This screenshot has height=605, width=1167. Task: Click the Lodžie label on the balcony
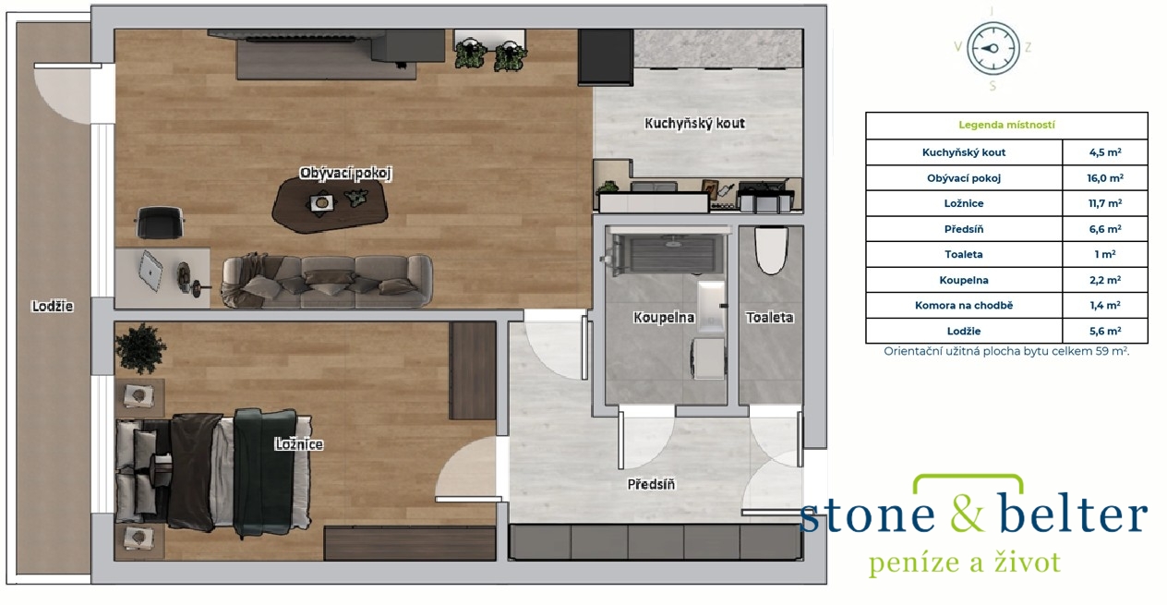[52, 307]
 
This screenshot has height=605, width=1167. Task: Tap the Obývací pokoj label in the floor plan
[345, 173]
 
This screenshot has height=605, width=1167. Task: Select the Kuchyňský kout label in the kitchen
[694, 124]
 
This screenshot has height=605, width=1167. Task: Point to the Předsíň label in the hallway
[651, 485]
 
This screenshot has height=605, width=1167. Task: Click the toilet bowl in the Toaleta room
[771, 250]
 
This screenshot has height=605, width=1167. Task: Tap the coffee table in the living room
[331, 205]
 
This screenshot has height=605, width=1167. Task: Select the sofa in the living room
[327, 281]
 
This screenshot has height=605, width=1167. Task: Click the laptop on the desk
[150, 271]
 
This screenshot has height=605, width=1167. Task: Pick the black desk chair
[160, 223]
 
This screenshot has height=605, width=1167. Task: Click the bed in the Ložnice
[213, 473]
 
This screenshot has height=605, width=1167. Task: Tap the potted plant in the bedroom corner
[139, 347]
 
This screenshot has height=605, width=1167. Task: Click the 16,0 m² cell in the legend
[1104, 178]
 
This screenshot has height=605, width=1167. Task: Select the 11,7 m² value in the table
[1104, 204]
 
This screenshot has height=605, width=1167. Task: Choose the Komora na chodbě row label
[964, 306]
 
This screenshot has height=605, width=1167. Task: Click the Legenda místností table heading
[1006, 125]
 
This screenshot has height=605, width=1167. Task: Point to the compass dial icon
[993, 48]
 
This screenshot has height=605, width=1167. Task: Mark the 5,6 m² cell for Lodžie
[1104, 331]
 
